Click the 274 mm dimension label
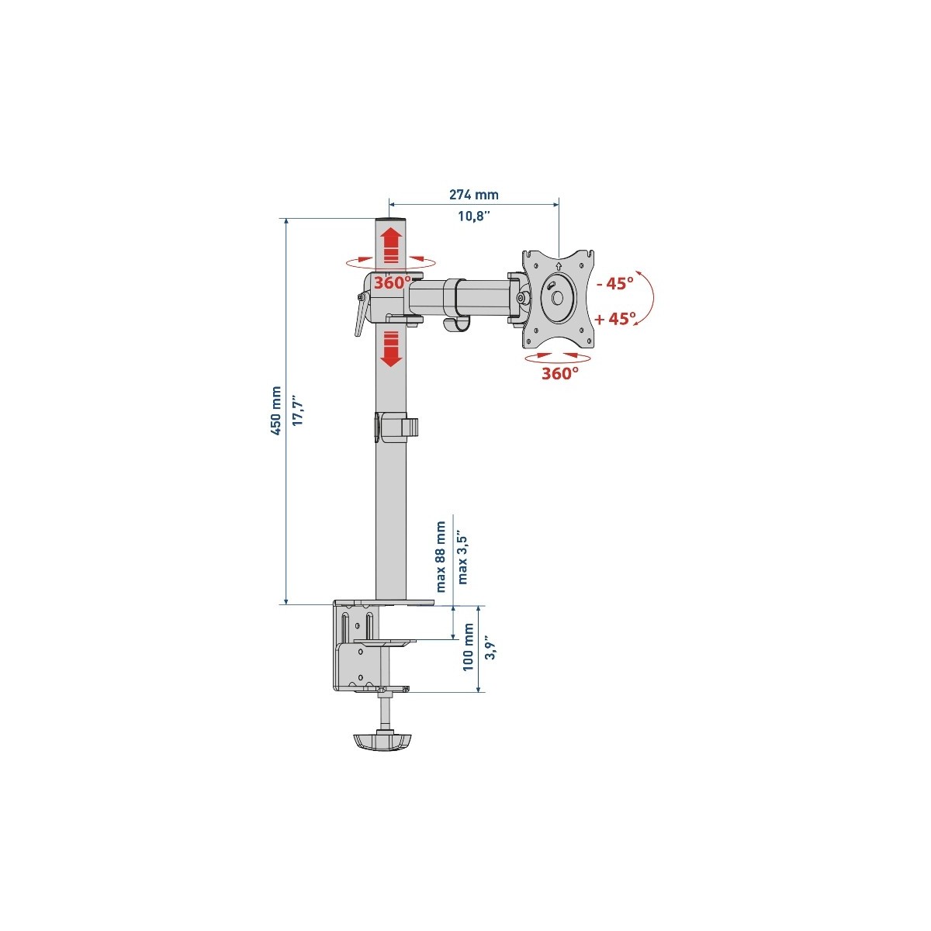coord(473,195)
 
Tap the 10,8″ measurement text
coord(473,216)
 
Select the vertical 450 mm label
coord(276,410)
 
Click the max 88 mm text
coord(441,556)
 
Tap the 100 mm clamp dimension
coord(468,647)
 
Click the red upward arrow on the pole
coord(391,246)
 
